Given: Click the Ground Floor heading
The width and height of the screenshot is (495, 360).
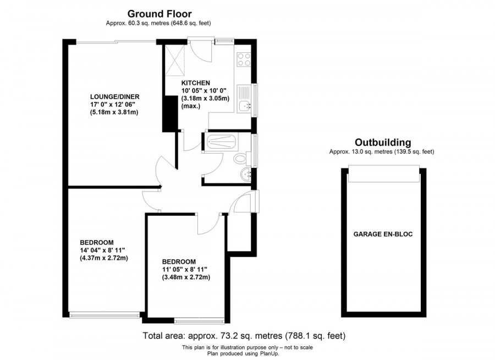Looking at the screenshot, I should pyautogui.click(x=159, y=13).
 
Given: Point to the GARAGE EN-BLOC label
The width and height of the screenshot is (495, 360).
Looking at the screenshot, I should pyautogui.click(x=383, y=234).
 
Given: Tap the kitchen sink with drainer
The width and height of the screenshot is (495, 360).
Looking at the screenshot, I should pyautogui.click(x=244, y=100).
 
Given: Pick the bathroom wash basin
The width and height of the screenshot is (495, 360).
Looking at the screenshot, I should pyautogui.click(x=245, y=176).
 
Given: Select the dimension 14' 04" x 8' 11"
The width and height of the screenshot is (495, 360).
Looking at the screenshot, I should pyautogui.click(x=104, y=250).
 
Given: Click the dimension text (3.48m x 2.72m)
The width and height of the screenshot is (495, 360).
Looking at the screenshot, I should pyautogui.click(x=186, y=277).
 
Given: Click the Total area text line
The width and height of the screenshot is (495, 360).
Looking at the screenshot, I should pyautogui.click(x=244, y=335).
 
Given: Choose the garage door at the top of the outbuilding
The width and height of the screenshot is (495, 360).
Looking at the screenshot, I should pyautogui.click(x=383, y=174).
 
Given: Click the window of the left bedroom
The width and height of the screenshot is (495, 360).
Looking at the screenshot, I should pyautogui.click(x=105, y=315).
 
